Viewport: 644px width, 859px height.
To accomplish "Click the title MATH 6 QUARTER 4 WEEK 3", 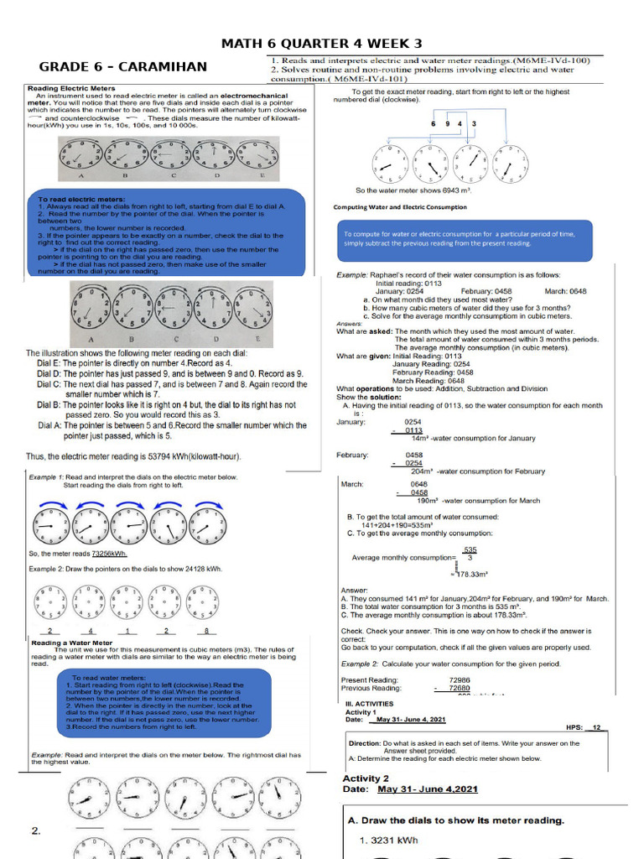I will (x=321, y=44).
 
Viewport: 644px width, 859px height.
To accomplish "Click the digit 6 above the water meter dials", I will (x=434, y=124).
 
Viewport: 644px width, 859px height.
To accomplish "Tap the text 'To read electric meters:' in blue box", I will (x=70, y=200).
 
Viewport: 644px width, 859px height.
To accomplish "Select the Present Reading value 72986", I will (x=460, y=679).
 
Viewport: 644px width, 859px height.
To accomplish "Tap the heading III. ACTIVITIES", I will (x=369, y=703).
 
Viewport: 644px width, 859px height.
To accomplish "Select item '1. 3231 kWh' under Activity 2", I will (x=388, y=840).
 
